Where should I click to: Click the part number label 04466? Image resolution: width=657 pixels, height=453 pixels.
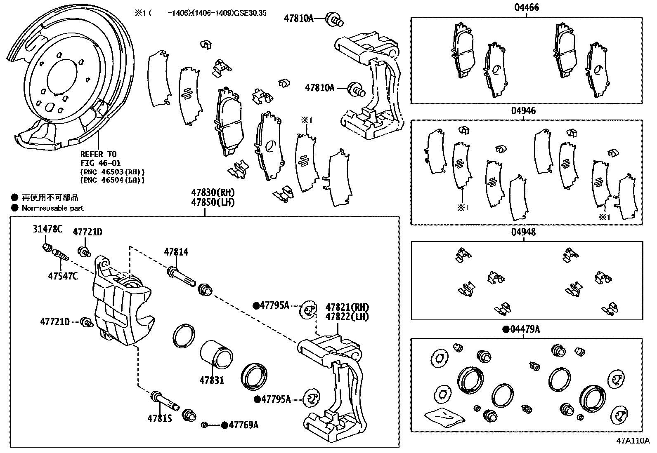coord(526,8)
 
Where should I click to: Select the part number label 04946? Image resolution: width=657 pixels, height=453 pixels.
coord(523,111)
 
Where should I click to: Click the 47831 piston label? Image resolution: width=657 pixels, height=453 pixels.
coord(212,380)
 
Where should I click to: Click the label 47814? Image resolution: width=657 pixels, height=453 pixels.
coord(176,252)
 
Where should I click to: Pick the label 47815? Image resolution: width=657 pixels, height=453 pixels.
coord(160,418)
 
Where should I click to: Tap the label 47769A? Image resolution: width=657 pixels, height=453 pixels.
coord(243,425)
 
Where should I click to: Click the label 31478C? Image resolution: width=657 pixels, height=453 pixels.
coord(47,229)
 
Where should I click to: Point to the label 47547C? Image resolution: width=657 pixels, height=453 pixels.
coord(63,276)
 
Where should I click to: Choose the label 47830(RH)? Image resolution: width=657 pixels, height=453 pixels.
coord(213,192)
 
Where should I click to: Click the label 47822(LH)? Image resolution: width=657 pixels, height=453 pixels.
coord(347,317)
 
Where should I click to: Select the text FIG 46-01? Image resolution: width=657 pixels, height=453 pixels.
coord(100,163)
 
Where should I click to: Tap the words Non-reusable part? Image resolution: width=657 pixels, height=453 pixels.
coord(52,208)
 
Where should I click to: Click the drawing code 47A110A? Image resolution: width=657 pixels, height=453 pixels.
coord(632,441)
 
